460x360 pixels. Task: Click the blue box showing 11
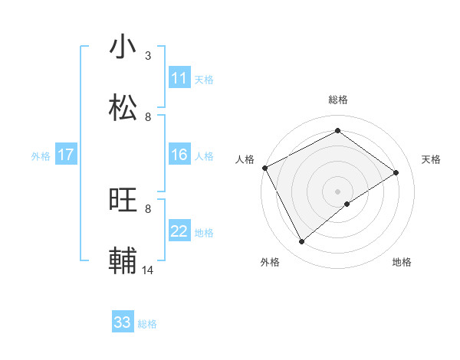pos(179,78)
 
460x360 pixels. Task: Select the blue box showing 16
pos(179,155)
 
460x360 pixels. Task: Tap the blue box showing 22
pos(179,232)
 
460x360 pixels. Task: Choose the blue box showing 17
pos(66,155)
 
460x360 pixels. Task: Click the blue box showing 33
pos(123,322)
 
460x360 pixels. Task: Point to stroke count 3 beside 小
pos(148,56)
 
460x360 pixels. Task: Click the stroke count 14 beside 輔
pos(147,270)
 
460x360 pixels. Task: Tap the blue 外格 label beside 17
pos(41,156)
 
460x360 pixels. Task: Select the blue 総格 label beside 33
pos(147,324)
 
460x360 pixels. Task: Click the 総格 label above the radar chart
pos(338,100)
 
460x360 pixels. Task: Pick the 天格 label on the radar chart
pos(431,159)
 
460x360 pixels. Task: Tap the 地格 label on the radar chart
pos(402,262)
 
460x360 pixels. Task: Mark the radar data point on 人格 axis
pos(264,168)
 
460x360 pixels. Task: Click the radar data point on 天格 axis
pos(396,172)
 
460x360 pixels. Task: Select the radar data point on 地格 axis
pos(347,204)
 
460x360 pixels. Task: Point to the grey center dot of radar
pos(338,191)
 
